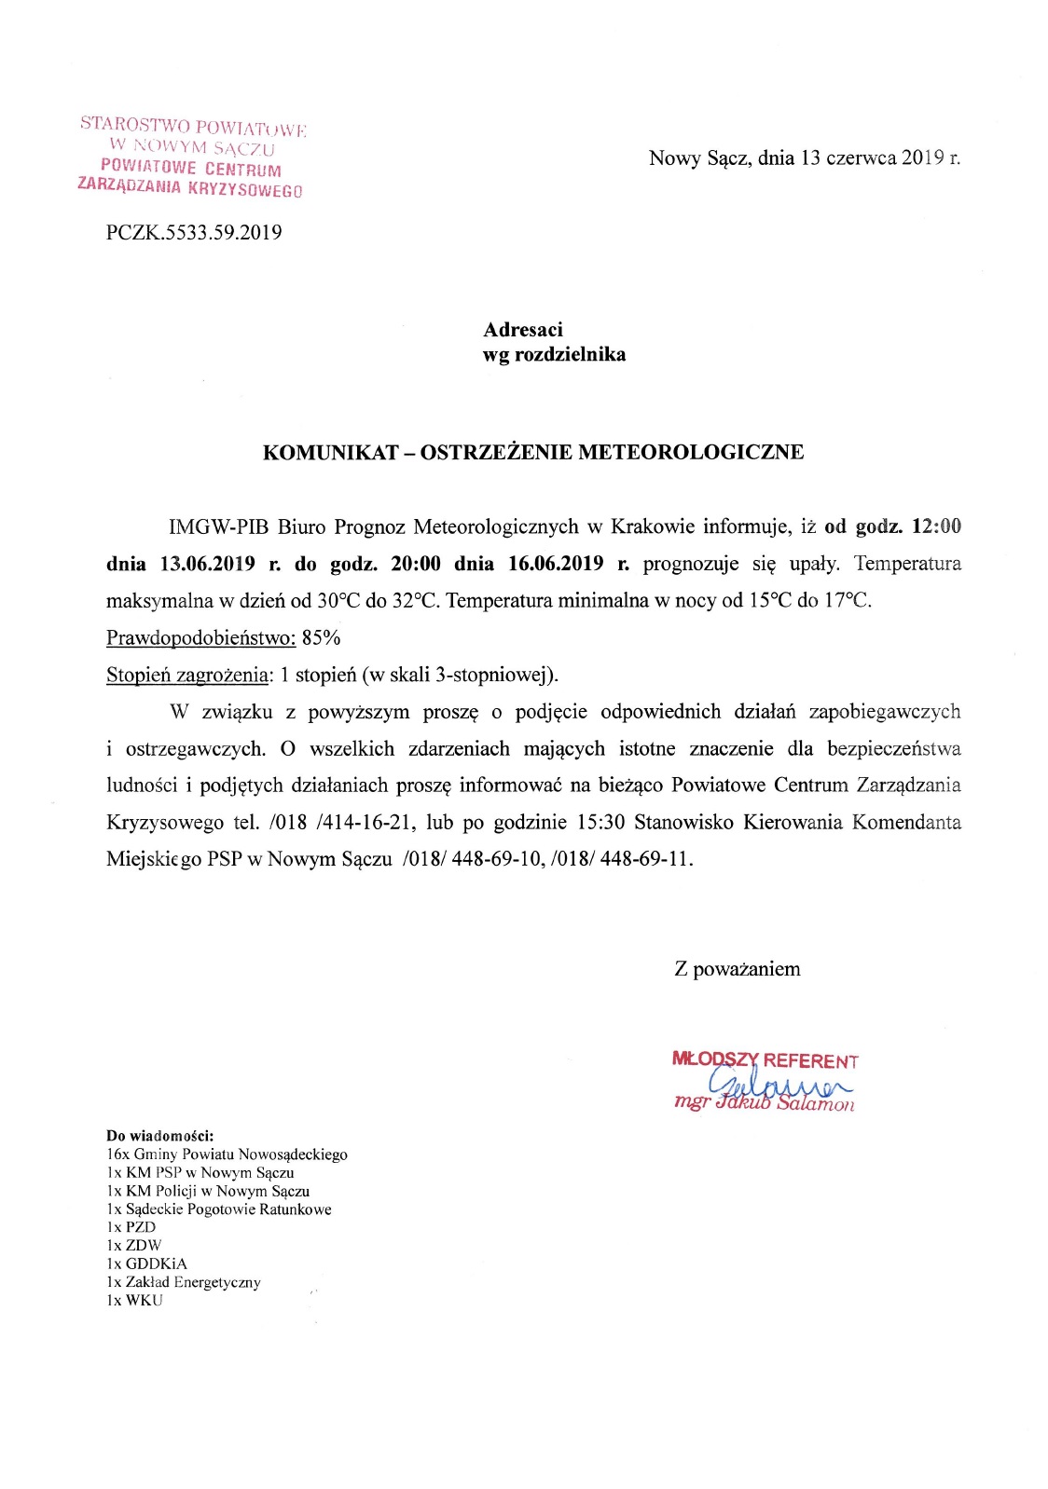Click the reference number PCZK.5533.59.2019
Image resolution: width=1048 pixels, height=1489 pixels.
coord(194,233)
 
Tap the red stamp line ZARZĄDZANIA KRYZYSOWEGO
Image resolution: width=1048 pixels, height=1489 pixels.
coord(190,187)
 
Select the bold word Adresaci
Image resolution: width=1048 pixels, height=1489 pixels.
coord(522,330)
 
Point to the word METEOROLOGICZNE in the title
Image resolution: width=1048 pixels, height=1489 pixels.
coord(691,453)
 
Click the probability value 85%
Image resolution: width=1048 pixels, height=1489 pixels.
coord(322,638)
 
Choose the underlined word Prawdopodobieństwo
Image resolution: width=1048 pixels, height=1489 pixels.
coord(200,638)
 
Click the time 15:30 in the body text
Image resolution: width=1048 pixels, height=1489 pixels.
coord(600,823)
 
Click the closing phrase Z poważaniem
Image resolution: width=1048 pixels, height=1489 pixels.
coord(737,969)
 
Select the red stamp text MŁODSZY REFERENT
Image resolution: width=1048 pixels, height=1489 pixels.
coord(765,1060)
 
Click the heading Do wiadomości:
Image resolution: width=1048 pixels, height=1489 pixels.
coord(160,1136)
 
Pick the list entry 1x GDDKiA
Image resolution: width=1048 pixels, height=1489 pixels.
coord(146,1264)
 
